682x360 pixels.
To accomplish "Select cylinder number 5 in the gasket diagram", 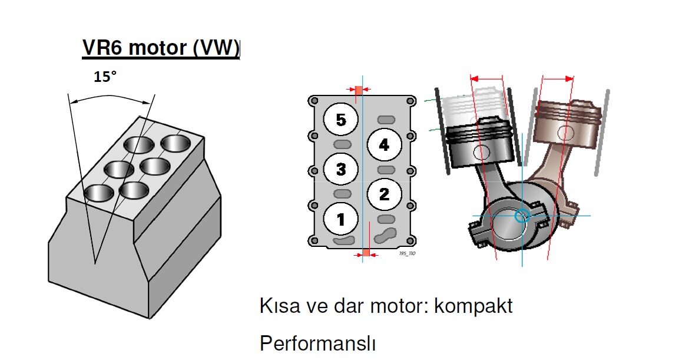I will click(341, 120).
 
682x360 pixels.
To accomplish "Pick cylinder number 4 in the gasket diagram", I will click(384, 144).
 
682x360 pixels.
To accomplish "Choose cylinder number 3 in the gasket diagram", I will click(341, 170).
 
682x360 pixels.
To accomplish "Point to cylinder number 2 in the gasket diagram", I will click(384, 194).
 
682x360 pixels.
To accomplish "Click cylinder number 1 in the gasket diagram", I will click(341, 220).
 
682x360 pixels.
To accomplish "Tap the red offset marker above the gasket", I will click(358, 90).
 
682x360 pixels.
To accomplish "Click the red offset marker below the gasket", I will click(366, 253).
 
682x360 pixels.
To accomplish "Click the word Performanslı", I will click(317, 343).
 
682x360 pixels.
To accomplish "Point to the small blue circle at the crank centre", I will click(521, 216).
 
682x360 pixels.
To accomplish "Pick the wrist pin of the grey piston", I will click(481, 152).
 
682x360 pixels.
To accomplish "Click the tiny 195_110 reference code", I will click(407, 253).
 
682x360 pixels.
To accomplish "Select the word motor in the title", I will click(157, 48).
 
